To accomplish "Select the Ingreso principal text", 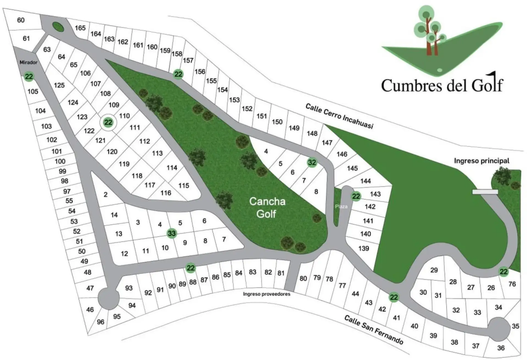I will (482, 161).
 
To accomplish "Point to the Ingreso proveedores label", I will (267, 294).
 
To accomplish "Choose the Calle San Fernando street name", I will (374, 330).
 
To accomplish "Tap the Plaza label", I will (341, 206).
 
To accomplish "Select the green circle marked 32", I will (312, 162).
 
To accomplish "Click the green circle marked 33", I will (172, 234).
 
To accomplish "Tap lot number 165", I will (80, 28).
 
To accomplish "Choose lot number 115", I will (184, 185).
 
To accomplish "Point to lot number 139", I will (364, 248).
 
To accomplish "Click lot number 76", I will (512, 284).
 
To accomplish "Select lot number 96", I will (101, 322).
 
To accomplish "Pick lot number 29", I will (434, 270).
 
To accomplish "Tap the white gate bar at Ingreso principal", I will (485, 191).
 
